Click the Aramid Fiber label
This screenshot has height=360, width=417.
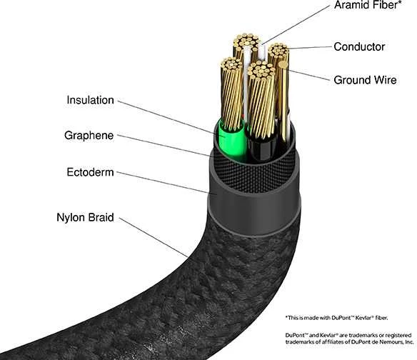click(x=368, y=5)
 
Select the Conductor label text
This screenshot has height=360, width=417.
click(x=359, y=47)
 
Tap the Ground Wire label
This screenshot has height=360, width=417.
click(x=365, y=80)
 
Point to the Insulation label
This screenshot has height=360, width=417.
click(x=90, y=100)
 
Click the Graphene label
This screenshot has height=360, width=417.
click(x=89, y=136)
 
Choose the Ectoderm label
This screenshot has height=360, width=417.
click(x=90, y=172)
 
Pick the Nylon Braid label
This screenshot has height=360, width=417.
click(x=85, y=217)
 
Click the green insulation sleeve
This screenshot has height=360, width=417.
click(x=232, y=141)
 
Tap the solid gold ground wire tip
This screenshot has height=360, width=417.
click(x=283, y=64)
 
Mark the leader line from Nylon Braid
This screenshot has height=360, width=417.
click(x=154, y=237)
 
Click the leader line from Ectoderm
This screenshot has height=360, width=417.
click(x=163, y=183)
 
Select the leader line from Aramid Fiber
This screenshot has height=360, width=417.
click(x=296, y=25)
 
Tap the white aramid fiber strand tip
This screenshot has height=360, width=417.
click(x=262, y=49)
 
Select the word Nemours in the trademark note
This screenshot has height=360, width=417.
click(x=388, y=341)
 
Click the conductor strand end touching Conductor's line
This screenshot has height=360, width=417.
click(x=278, y=51)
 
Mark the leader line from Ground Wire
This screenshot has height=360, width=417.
click(x=308, y=75)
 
